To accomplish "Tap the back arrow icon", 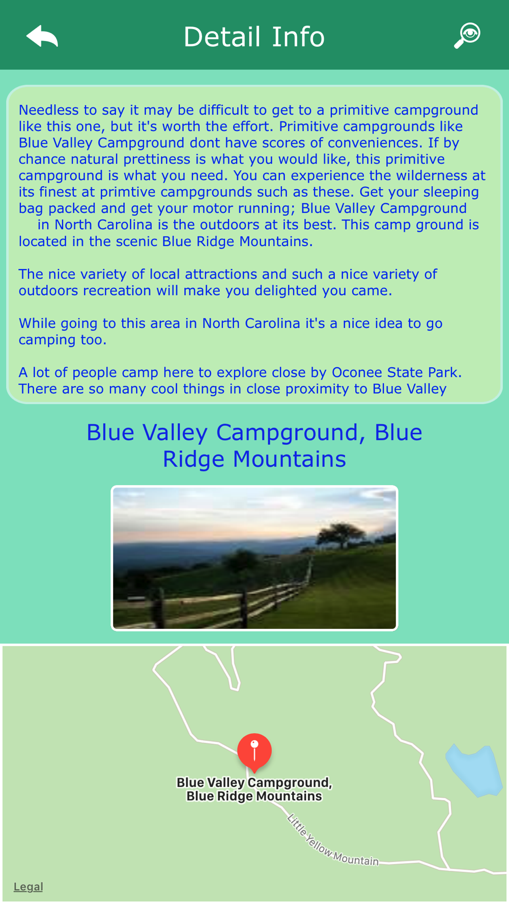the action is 42,37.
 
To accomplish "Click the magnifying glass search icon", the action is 467,35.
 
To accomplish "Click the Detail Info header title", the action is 254,37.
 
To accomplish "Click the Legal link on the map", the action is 28,886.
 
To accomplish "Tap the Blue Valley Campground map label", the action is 254,789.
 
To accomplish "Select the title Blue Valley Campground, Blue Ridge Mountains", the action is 254,445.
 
